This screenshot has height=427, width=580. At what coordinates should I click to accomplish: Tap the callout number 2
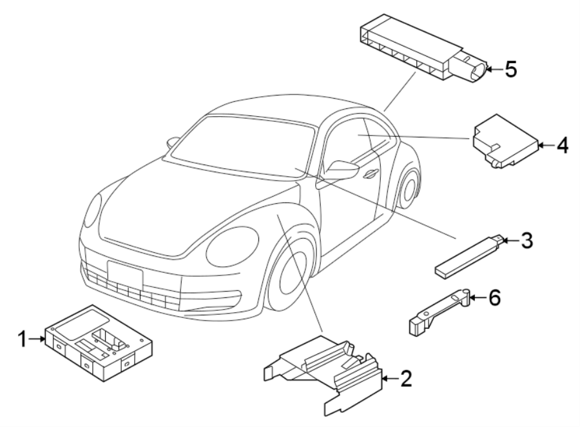tap(405, 379)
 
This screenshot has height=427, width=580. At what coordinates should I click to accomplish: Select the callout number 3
tap(527, 241)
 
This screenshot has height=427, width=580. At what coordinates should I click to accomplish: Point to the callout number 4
tap(562, 146)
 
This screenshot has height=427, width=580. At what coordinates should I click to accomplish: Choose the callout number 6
tap(494, 297)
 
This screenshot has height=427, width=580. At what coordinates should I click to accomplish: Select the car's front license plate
tap(125, 275)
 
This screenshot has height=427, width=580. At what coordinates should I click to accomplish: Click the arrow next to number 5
tap(493, 69)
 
